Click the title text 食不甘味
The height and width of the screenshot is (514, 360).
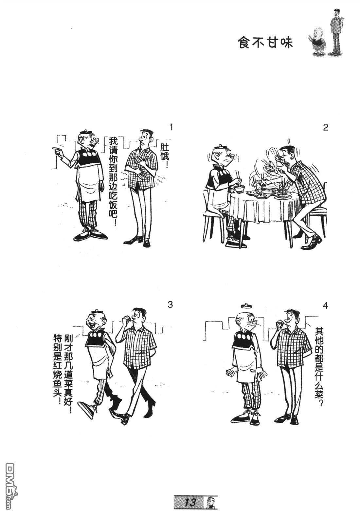(x=265, y=43)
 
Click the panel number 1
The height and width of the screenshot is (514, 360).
(x=170, y=127)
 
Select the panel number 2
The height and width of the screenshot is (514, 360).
(x=325, y=127)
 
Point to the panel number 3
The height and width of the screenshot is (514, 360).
(x=170, y=305)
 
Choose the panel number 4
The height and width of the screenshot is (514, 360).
(x=325, y=306)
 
